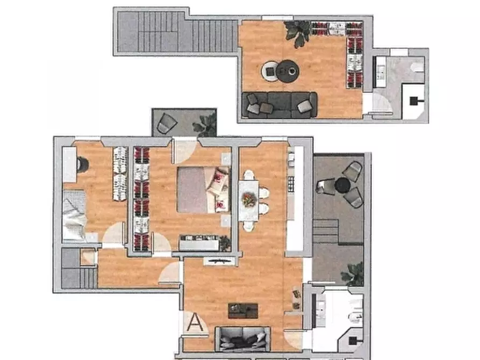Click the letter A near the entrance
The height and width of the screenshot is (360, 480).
[x=195, y=322]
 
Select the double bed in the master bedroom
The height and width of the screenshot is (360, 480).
[x=203, y=190]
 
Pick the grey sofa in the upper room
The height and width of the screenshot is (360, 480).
[x=280, y=105]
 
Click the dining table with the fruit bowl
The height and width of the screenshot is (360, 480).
[x=248, y=200]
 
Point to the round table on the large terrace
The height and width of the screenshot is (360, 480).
[x=342, y=185]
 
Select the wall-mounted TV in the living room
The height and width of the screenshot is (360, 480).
[x=220, y=261]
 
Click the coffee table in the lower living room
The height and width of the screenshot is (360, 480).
[x=243, y=311]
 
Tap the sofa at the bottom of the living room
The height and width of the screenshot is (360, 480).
[x=243, y=339]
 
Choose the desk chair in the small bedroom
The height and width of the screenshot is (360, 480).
[x=82, y=164]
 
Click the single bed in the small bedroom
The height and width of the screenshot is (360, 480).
[x=74, y=214]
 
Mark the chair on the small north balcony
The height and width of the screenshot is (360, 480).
[x=167, y=123]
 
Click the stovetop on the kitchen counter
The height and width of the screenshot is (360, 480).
[x=291, y=184]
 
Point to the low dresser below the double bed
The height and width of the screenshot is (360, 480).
[x=199, y=242]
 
